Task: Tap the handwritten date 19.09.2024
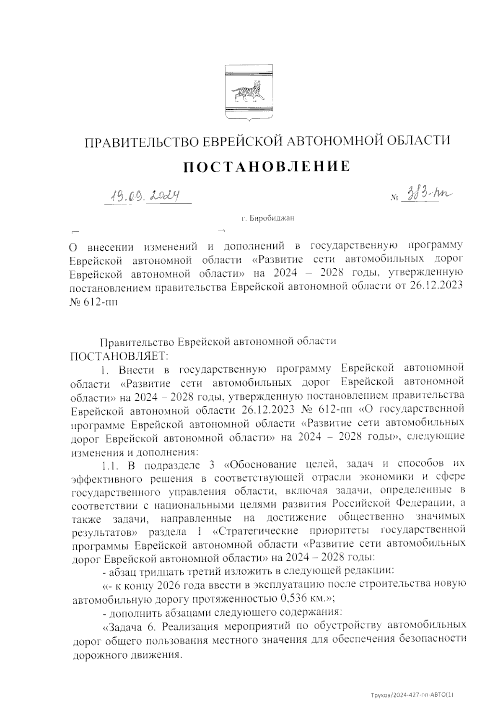[143, 195]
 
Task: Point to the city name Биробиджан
[268, 218]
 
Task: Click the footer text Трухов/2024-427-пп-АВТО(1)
[412, 695]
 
